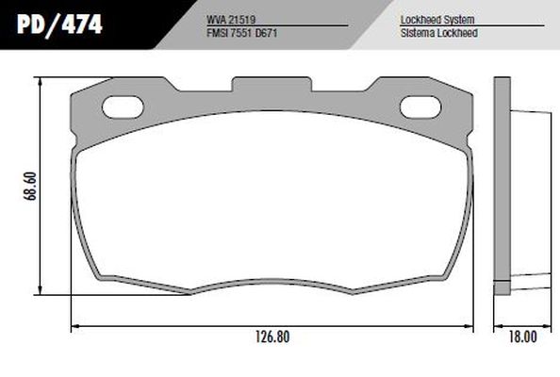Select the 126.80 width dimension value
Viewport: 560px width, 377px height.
[272, 336]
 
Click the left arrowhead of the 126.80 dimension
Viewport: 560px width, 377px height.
[75, 326]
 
